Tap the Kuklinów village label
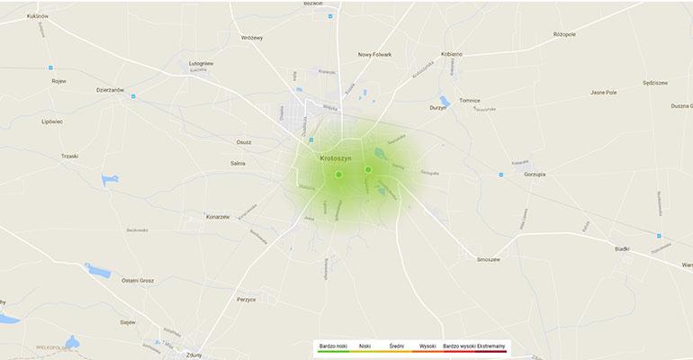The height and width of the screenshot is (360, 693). coord(37,16)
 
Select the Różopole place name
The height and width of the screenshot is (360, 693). coord(564,34)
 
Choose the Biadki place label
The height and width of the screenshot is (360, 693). coord(622,248)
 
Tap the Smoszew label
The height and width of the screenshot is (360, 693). coord(489,258)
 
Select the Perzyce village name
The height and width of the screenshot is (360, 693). coord(247,299)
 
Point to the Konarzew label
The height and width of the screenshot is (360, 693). coord(218,217)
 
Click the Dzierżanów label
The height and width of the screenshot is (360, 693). coord(110,89)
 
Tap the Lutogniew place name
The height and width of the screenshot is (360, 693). coord(201,64)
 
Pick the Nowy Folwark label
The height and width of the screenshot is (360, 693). coord(375,55)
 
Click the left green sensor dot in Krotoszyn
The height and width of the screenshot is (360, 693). coord(338,175)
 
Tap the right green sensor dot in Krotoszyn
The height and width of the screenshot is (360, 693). coord(368,169)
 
